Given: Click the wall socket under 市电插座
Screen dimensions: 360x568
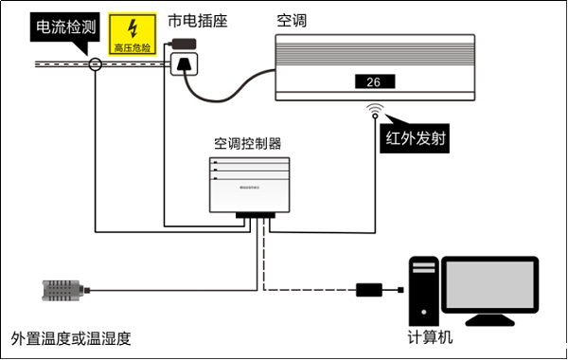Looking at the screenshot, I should (x=185, y=65).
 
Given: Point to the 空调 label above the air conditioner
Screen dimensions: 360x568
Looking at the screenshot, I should (x=292, y=20).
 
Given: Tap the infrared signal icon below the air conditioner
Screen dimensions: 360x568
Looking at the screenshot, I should (x=377, y=110).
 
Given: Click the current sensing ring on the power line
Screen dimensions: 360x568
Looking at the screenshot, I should (x=95, y=64).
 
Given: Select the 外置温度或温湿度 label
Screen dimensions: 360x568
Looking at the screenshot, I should (x=70, y=337).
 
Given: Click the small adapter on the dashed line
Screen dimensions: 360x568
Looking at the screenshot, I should (x=369, y=288).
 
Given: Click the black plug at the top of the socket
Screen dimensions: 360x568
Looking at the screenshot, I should (x=185, y=44).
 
